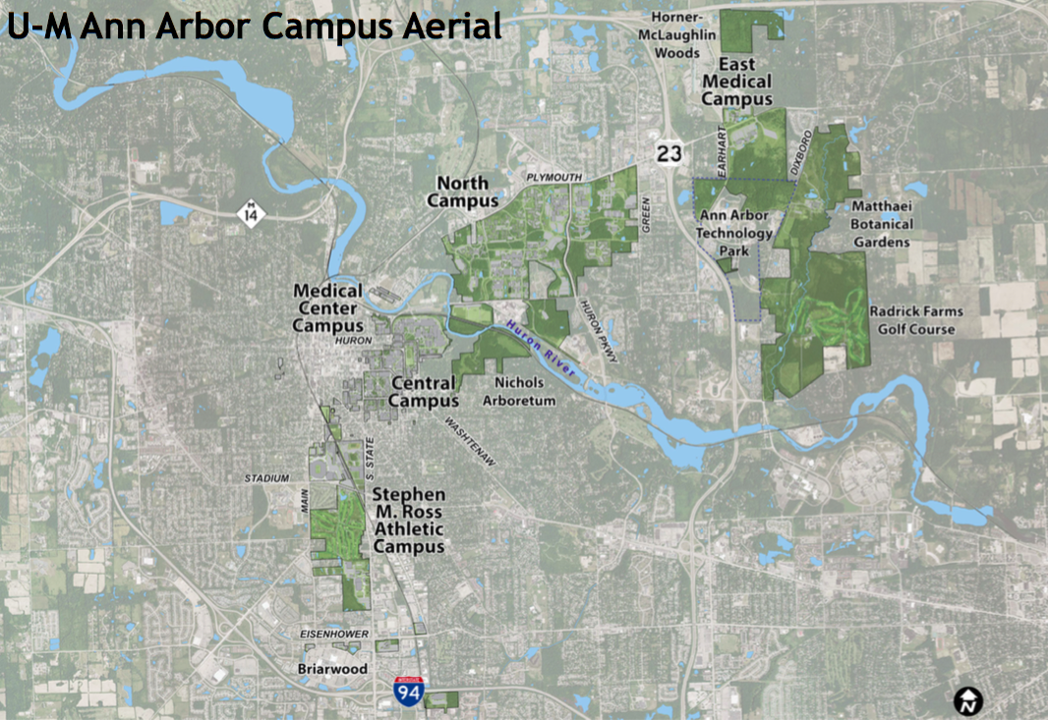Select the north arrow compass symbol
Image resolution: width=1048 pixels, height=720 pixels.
click(x=968, y=699)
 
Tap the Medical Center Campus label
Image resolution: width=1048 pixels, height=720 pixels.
click(x=328, y=308)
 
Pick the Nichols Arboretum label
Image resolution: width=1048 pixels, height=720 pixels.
click(x=525, y=391)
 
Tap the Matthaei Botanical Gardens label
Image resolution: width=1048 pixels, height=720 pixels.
click(x=882, y=224)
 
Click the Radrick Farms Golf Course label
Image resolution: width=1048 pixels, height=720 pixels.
click(x=916, y=319)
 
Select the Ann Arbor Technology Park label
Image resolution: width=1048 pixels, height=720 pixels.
click(x=734, y=233)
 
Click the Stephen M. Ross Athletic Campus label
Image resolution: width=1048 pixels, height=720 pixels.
click(x=409, y=520)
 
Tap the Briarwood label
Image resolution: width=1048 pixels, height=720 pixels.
click(x=332, y=669)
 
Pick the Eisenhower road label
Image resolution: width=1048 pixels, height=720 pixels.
click(x=333, y=635)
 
